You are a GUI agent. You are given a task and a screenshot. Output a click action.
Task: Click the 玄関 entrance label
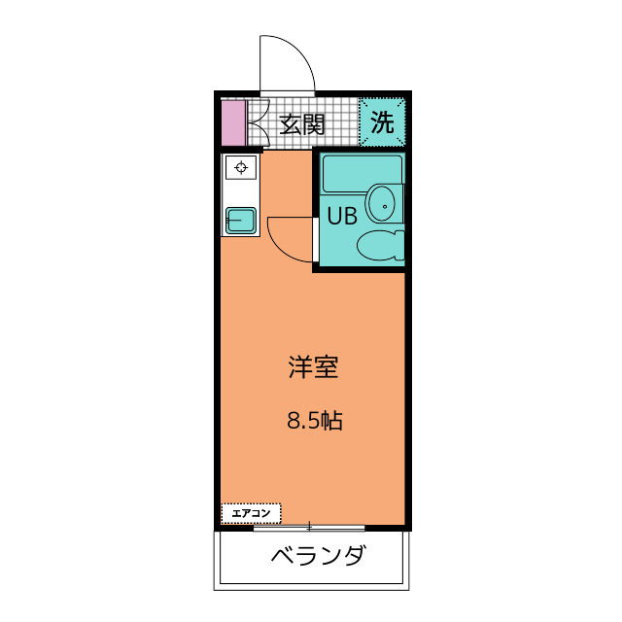point(302,124)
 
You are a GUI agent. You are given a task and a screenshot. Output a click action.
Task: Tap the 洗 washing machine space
point(382,121)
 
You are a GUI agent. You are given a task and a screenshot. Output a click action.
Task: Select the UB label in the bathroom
point(342,216)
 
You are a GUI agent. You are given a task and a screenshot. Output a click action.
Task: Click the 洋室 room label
point(313,367)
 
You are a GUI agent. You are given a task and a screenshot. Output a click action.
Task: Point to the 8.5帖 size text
point(315,421)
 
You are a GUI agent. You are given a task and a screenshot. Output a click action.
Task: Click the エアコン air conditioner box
point(251,513)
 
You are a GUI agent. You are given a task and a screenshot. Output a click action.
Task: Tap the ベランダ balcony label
point(318,555)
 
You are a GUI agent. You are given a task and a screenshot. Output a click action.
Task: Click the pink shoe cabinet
point(233,123)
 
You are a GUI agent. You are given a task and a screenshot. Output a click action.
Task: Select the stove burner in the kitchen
point(241,167)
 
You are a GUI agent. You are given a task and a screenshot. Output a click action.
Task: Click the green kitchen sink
point(241,221)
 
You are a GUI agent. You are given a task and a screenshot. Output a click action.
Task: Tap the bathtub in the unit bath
point(363,174)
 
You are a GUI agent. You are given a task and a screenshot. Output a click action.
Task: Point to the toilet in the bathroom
point(380,246)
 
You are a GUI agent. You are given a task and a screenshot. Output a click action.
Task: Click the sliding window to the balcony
point(309,527)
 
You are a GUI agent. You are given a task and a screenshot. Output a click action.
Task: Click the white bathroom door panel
point(316,240)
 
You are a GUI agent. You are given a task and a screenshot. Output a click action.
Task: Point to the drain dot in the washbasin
point(385,206)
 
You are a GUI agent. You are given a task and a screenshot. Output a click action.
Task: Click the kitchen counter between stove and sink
point(241,193)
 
